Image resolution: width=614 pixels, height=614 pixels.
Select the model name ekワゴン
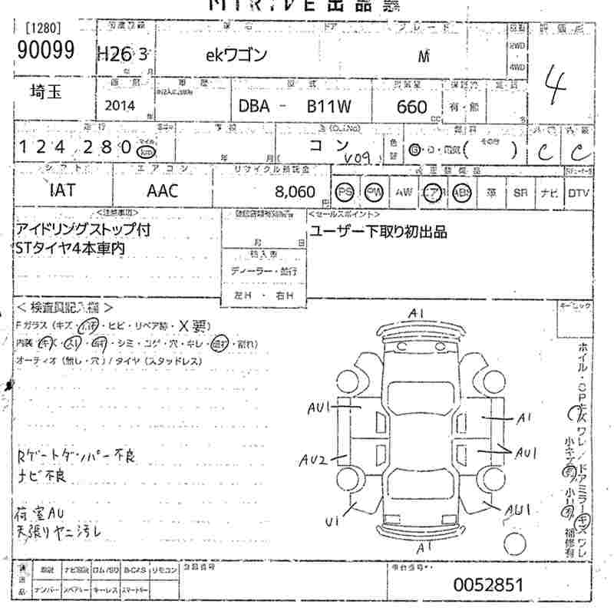click(236, 56)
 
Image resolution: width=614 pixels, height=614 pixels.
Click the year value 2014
click(120, 107)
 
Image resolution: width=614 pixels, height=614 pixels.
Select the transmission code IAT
click(61, 190)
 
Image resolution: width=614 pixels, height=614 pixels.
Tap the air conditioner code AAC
click(161, 190)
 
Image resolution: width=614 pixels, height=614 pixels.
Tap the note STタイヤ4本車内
click(70, 248)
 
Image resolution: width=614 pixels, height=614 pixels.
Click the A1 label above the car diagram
click(418, 313)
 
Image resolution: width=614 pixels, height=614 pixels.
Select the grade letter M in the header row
click(423, 56)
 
